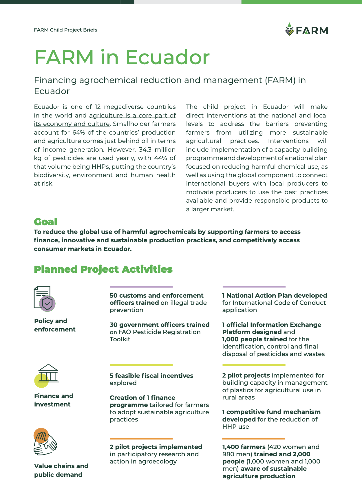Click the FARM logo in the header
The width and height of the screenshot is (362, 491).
tap(306, 30)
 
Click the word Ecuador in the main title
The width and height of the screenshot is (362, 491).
tap(167, 57)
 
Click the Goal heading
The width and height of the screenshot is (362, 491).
tap(45, 222)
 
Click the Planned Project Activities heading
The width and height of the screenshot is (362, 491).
tap(103, 269)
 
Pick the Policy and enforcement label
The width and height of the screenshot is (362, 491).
tap(55, 325)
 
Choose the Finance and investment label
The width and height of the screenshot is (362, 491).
tap(54, 400)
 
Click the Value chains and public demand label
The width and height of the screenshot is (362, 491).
tap(61, 470)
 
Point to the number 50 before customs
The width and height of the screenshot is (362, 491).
tap(114, 296)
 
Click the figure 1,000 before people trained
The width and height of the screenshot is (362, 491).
tap(231, 339)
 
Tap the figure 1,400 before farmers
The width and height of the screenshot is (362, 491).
tap(231, 447)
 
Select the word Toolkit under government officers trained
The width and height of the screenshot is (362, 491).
tap(120, 339)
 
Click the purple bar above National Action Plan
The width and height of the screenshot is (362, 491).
tap(254, 287)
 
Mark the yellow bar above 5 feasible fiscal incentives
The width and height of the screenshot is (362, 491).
tap(141, 365)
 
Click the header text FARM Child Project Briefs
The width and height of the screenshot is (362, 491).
tap(65, 30)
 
